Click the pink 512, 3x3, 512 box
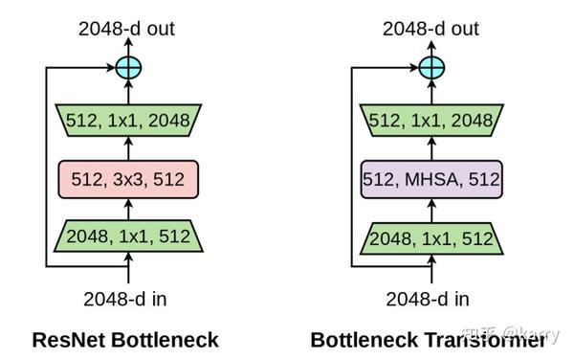pos(127,178)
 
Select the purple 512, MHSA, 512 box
pos(431,178)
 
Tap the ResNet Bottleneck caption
pos(125,340)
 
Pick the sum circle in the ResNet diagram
pos(127,68)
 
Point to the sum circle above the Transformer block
pos(431,68)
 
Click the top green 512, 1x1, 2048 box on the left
pos(127,121)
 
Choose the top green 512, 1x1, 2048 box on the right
pos(431,121)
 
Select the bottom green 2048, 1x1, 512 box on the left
pos(127,236)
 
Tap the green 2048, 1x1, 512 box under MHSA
pos(431,236)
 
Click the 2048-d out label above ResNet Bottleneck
pos(127,29)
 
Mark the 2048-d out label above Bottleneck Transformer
pos(431,29)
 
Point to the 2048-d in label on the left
pos(125,298)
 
